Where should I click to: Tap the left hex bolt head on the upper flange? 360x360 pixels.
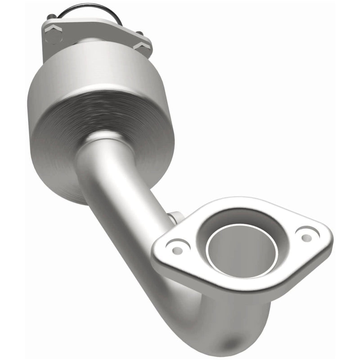pyautogui.click(x=54, y=34)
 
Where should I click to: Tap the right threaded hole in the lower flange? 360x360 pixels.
pyautogui.click(x=307, y=234)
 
